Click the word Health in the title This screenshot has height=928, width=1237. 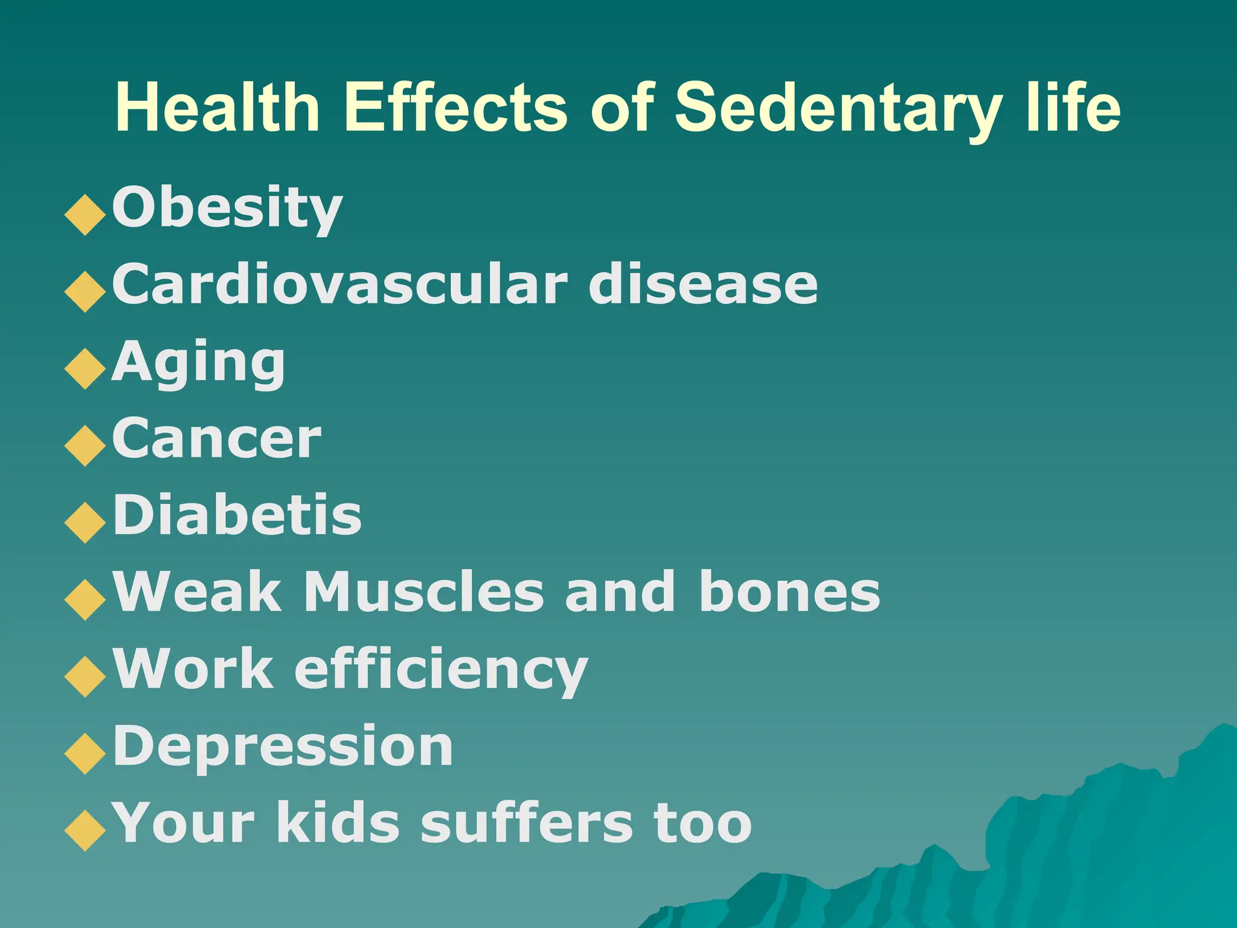click(217, 107)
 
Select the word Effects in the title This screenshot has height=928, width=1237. click(455, 107)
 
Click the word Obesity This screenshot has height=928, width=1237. click(227, 208)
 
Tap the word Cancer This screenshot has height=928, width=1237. click(216, 439)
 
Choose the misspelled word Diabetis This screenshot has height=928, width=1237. click(237, 515)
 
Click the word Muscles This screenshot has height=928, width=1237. click(423, 592)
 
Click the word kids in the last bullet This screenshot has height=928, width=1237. click(338, 823)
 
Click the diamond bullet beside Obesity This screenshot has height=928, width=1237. click(85, 214)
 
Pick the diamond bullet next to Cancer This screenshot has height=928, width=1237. click(85, 446)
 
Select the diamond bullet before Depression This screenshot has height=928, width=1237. click(85, 753)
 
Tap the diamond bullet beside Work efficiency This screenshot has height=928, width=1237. click(85, 677)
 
